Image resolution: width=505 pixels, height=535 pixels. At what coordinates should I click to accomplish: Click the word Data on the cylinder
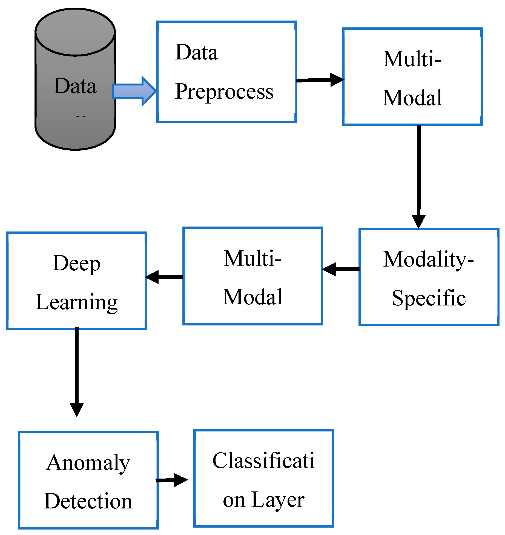pos(75,86)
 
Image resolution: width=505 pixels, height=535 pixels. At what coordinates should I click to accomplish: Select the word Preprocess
pos(224,92)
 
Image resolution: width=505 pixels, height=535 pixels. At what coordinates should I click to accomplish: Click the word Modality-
pos(428,259)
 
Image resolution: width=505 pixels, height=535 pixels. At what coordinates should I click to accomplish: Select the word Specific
pos(429,298)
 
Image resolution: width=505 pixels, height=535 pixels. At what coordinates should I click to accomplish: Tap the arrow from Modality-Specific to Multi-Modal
pos(341,269)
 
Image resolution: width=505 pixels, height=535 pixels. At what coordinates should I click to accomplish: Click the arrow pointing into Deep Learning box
pos(164,277)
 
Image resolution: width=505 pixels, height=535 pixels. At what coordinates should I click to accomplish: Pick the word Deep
pos(76,264)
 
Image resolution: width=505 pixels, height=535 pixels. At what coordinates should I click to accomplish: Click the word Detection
pos(88,501)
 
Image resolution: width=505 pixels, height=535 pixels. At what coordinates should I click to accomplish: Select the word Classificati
pos(263,460)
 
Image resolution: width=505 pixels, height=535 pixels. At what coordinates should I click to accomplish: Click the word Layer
pos(278,500)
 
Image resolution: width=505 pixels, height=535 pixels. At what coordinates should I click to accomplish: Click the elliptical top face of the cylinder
pos(75,32)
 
